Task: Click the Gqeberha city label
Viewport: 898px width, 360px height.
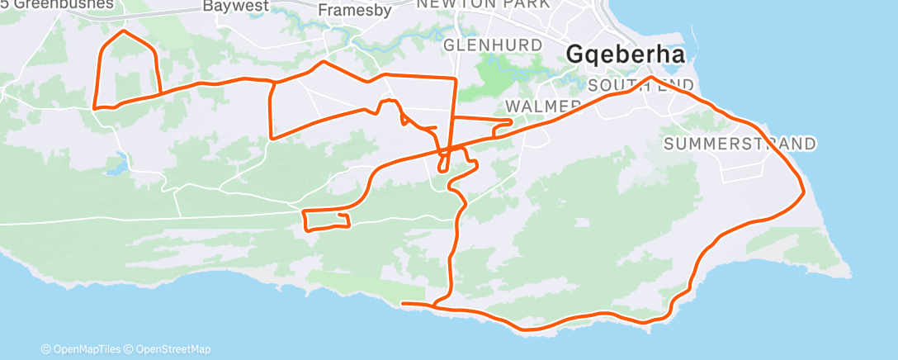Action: click(x=626, y=55)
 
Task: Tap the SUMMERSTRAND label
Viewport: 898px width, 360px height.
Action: click(x=740, y=144)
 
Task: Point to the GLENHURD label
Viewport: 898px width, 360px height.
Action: click(x=493, y=45)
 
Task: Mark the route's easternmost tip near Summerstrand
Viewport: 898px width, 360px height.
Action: click(x=803, y=193)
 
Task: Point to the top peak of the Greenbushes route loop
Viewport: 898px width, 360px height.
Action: click(x=124, y=31)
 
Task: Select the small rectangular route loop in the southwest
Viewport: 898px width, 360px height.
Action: click(x=327, y=220)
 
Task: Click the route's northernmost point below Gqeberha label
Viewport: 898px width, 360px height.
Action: click(x=652, y=78)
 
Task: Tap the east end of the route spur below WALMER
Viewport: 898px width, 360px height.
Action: click(x=511, y=121)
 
